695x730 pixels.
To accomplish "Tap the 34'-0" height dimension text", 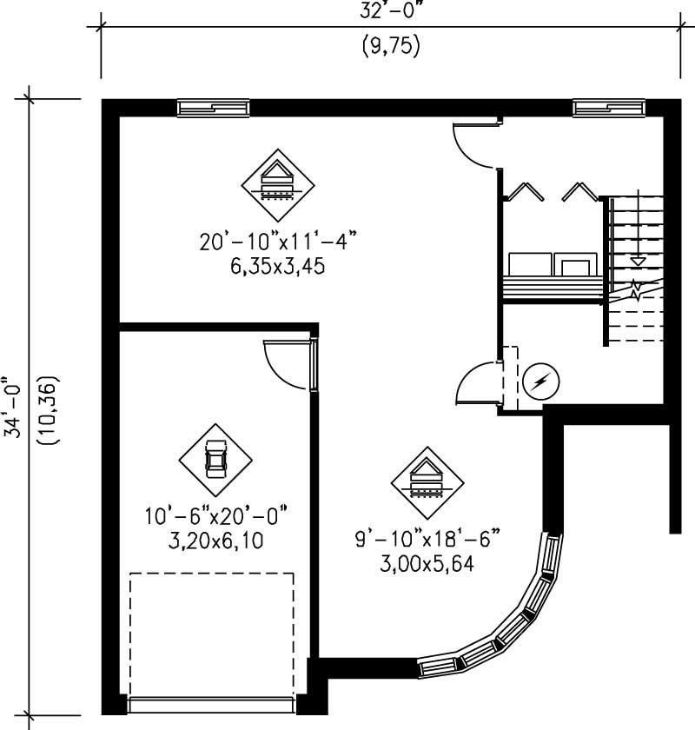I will pyautogui.click(x=10, y=409).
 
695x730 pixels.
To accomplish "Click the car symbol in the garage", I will pyautogui.click(x=215, y=459).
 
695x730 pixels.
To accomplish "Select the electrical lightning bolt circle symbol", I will pyautogui.click(x=540, y=381).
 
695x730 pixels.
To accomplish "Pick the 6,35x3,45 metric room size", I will pyautogui.click(x=278, y=268).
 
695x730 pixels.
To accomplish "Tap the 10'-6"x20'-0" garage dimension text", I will pyautogui.click(x=216, y=516).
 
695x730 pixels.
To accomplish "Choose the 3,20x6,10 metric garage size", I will pyautogui.click(x=216, y=541).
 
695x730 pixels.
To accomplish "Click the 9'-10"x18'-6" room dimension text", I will pyautogui.click(x=427, y=540).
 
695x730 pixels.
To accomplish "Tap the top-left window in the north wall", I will pyautogui.click(x=214, y=108).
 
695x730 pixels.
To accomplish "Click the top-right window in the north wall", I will pyautogui.click(x=609, y=108).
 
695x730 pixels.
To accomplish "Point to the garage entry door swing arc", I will pyautogui.click(x=283, y=366).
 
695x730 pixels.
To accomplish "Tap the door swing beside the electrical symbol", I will pyautogui.click(x=476, y=383).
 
